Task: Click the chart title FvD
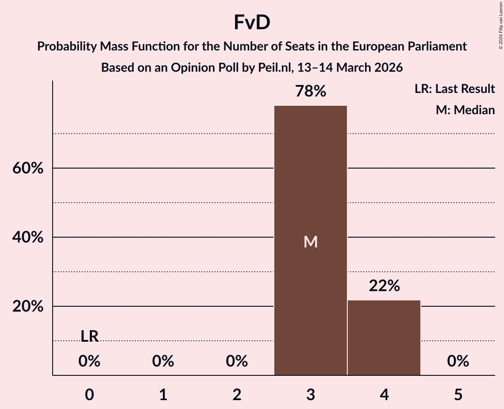(252, 23)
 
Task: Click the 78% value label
(311, 92)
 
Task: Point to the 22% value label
(384, 286)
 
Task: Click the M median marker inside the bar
(311, 242)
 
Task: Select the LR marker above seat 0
(89, 336)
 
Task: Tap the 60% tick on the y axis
(28, 169)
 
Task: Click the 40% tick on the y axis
(28, 238)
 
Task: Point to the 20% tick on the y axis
(28, 307)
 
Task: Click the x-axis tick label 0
(89, 395)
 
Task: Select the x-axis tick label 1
(163, 395)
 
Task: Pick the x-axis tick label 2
(237, 395)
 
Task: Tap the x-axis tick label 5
(458, 395)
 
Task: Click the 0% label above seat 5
(458, 362)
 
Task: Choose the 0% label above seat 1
(163, 362)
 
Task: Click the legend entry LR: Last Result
(454, 89)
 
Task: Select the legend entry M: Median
(465, 110)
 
